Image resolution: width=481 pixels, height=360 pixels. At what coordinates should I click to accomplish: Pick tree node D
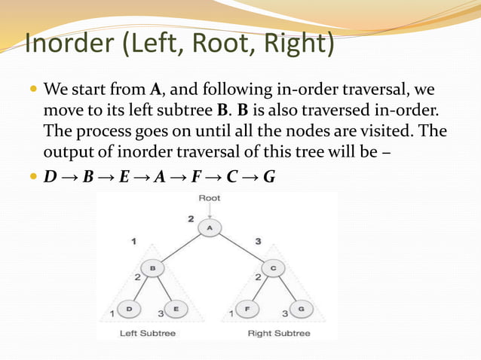(129, 308)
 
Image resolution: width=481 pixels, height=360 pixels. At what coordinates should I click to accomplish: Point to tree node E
(175, 308)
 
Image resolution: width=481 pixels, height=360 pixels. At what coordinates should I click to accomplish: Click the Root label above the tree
(209, 199)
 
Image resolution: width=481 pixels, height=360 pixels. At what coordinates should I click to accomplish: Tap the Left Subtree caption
(149, 333)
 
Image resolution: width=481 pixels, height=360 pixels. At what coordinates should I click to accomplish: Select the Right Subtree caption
(279, 333)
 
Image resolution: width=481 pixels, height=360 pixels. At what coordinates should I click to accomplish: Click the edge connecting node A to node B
(181, 248)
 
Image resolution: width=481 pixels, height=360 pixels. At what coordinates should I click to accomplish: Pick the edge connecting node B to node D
(141, 288)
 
